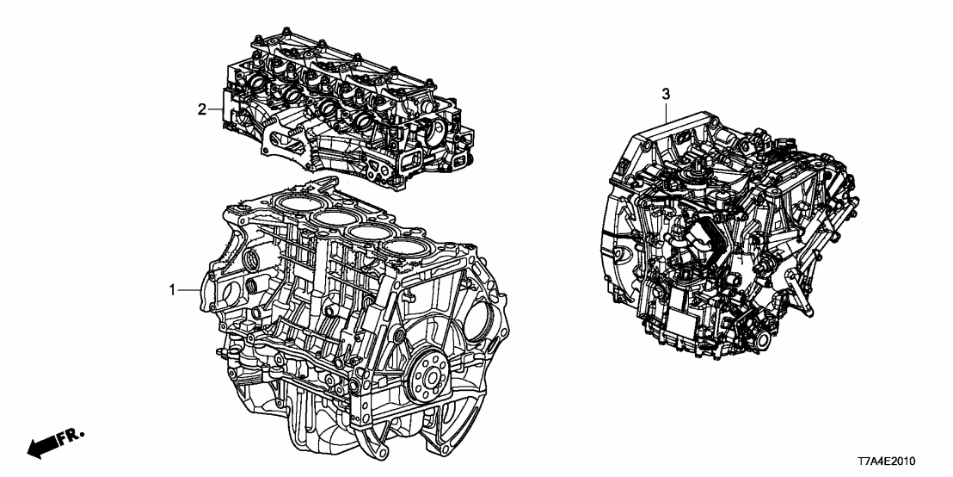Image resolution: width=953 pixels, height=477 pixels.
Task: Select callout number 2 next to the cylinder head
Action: click(202, 109)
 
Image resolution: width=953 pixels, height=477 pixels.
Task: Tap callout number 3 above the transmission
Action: click(665, 92)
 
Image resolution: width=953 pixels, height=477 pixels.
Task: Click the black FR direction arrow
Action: click(42, 447)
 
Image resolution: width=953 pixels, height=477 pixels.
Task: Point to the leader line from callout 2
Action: click(216, 109)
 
